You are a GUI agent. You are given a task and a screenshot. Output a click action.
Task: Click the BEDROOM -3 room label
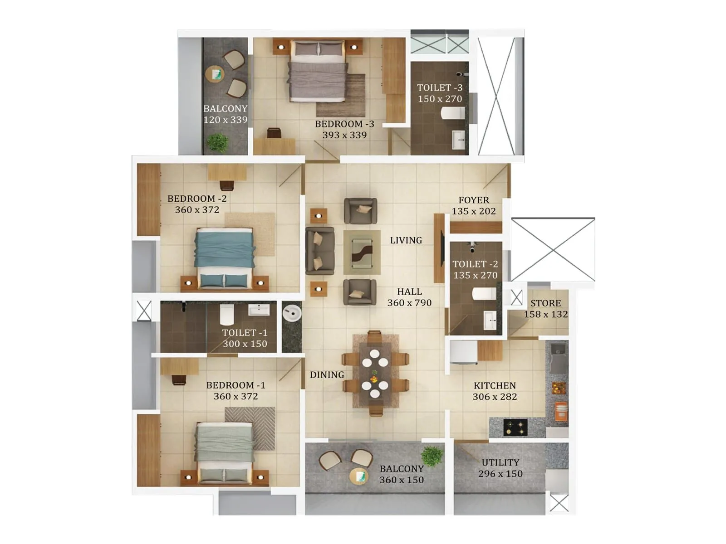click(344, 124)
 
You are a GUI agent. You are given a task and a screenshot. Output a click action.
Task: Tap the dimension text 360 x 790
click(409, 303)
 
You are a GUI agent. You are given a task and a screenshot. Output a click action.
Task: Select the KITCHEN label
click(495, 385)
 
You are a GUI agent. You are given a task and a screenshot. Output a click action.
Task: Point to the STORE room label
click(545, 303)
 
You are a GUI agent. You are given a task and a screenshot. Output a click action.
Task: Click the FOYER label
click(474, 200)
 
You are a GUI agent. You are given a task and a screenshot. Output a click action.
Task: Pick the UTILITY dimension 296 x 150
click(500, 474)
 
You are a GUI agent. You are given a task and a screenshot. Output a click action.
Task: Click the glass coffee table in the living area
click(362, 252)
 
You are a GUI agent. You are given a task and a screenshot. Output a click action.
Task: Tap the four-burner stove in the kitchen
click(515, 426)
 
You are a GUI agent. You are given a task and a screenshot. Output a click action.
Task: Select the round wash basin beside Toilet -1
click(291, 313)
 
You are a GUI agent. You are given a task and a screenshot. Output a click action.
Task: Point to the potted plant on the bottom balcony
click(432, 456)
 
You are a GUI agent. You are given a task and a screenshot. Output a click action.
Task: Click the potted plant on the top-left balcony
click(217, 141)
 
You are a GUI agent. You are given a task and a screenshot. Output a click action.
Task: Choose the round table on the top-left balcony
click(215, 74)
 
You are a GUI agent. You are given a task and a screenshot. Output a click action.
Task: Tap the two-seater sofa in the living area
click(319, 251)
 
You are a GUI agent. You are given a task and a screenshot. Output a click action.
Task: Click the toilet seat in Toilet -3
click(452, 112)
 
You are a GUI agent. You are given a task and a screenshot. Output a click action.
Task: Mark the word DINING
click(327, 375)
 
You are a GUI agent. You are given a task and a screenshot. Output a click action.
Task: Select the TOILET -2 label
click(475, 264)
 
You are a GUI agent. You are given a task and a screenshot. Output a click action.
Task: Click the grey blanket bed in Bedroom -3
click(318, 73)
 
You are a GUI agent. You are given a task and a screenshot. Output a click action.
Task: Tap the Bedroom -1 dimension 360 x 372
click(235, 396)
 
